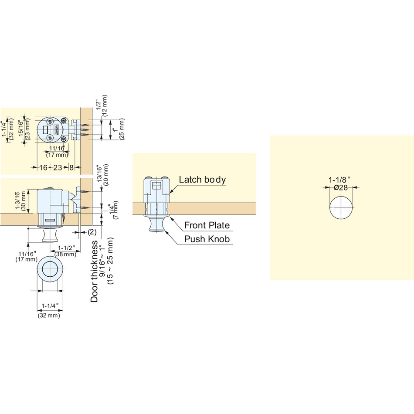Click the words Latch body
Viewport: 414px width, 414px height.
coord(202,180)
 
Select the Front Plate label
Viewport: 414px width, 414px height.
coord(207,225)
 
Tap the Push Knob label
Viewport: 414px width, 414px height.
coord(207,239)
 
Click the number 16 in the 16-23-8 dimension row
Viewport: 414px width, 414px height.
coord(43,167)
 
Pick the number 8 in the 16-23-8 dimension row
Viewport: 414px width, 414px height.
coord(71,167)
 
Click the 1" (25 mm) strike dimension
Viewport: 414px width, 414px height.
coord(118,129)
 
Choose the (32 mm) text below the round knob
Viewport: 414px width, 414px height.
coord(49,315)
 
